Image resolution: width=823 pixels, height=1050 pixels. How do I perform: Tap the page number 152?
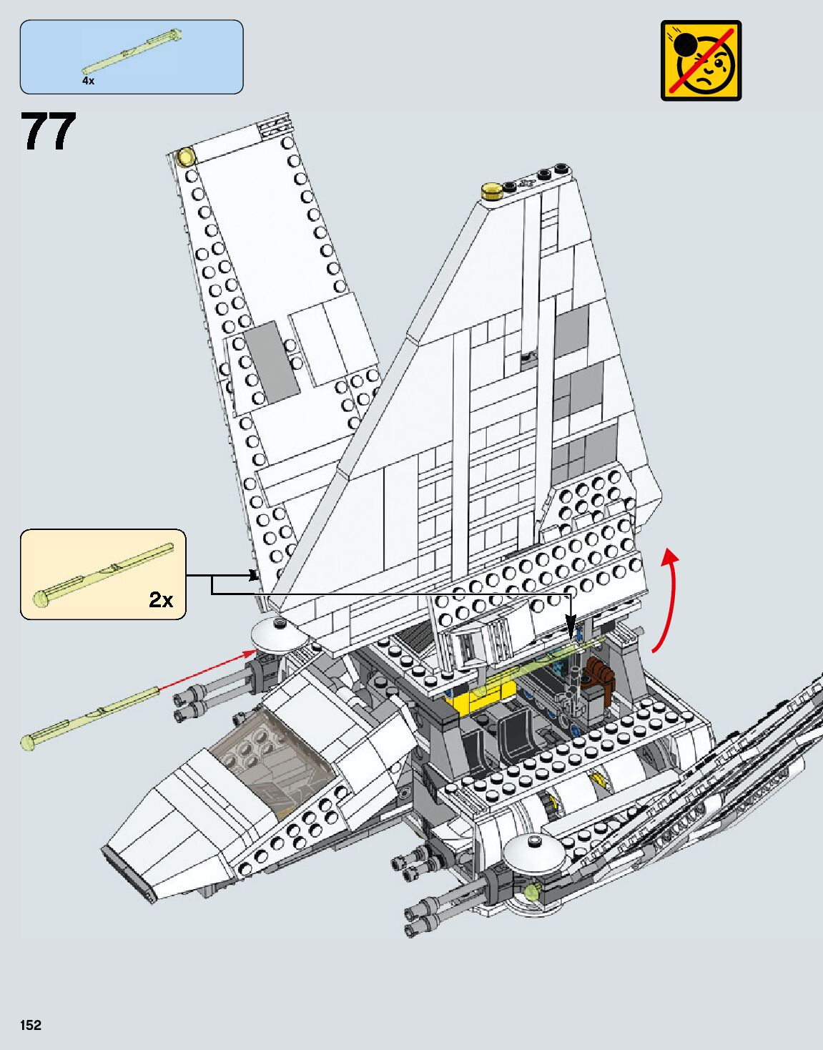pos(31,1025)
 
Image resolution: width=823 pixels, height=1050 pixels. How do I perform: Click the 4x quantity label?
pos(88,82)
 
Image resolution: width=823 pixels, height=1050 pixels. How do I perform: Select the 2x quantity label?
pos(161,599)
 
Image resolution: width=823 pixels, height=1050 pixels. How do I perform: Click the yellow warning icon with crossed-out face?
pos(701,60)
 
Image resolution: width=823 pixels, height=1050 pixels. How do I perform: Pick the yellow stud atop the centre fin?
pos(491,190)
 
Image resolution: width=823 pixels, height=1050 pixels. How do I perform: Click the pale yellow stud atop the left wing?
pos(186,155)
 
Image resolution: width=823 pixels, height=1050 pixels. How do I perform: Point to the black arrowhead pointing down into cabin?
pos(571,633)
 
